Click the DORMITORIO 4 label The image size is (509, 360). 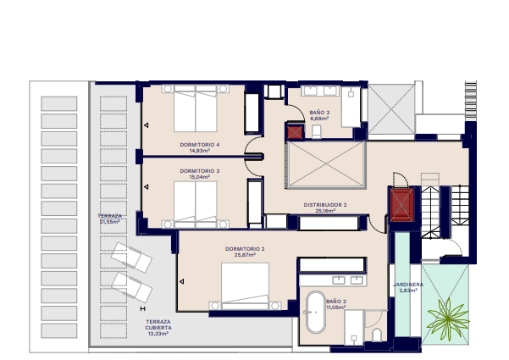(x=200, y=145)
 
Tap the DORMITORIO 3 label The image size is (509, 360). (x=200, y=171)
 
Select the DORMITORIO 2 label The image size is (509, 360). (x=245, y=249)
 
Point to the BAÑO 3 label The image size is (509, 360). (x=319, y=113)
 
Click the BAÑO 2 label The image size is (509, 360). (x=336, y=302)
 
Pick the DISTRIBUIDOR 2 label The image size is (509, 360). (x=325, y=205)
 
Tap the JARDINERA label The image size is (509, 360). (x=408, y=285)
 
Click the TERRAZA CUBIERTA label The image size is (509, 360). (x=158, y=324)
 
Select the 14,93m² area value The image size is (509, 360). (x=200, y=151)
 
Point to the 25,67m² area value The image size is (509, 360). (x=245, y=255)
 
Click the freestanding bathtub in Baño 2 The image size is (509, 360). (x=316, y=313)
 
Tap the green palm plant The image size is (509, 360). (x=448, y=319)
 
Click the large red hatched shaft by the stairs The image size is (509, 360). (x=401, y=205)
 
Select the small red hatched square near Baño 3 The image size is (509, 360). (x=295, y=132)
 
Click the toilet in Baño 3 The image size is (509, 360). (x=316, y=132)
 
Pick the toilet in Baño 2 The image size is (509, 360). (x=377, y=335)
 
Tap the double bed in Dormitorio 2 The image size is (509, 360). (x=245, y=286)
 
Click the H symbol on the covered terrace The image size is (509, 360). (x=142, y=308)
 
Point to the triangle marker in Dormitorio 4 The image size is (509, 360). (x=147, y=125)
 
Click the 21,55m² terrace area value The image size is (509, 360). (x=109, y=222)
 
